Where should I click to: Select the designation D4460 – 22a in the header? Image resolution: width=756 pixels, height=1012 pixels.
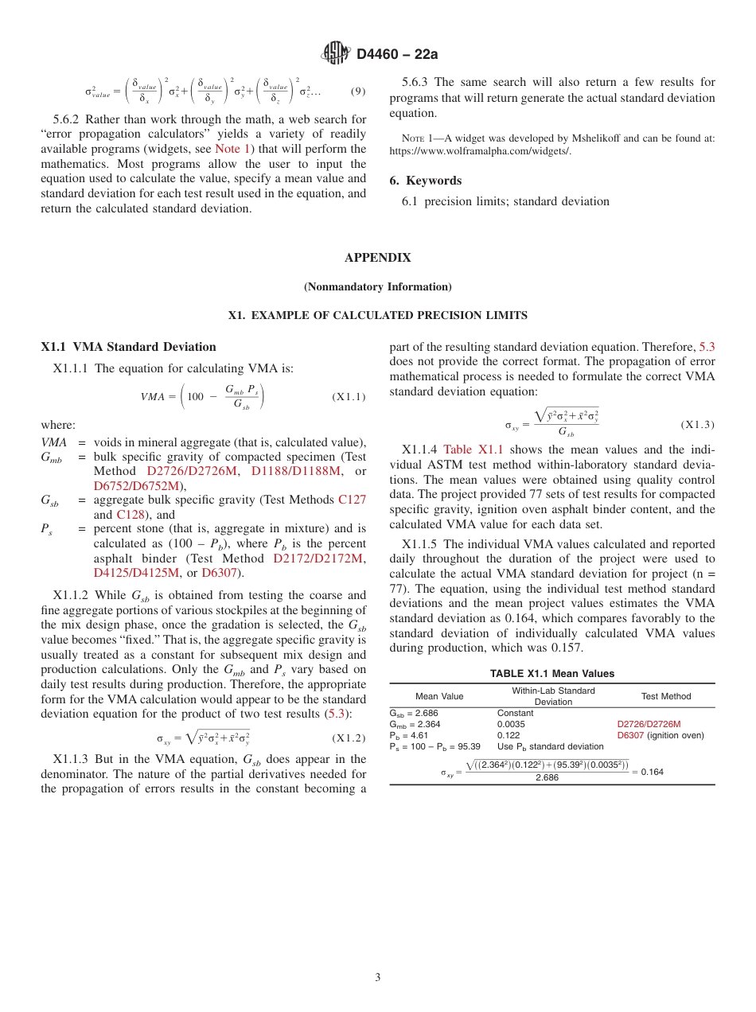(x=397, y=55)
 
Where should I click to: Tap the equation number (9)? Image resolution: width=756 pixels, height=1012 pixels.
(x=358, y=91)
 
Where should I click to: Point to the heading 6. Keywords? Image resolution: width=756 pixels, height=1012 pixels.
(x=425, y=181)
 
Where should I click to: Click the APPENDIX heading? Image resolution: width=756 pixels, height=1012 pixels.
(x=377, y=258)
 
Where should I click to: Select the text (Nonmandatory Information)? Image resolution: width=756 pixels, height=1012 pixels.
(x=377, y=286)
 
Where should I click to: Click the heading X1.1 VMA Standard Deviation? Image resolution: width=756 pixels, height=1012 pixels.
(x=128, y=347)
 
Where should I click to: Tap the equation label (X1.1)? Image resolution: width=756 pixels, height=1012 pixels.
(x=349, y=396)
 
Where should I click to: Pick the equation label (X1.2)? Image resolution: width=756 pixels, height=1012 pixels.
(x=349, y=738)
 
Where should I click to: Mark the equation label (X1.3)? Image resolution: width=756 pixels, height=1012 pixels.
(x=697, y=425)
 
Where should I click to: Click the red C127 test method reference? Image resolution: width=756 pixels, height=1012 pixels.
(x=352, y=500)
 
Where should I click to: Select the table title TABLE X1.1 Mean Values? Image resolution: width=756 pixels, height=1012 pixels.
(x=551, y=674)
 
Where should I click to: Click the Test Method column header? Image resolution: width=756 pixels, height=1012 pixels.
(x=665, y=696)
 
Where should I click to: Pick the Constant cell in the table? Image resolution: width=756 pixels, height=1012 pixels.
(x=515, y=713)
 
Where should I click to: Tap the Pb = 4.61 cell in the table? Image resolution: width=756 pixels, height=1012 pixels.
(x=407, y=735)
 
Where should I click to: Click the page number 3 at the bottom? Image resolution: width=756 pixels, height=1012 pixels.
(x=378, y=978)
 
